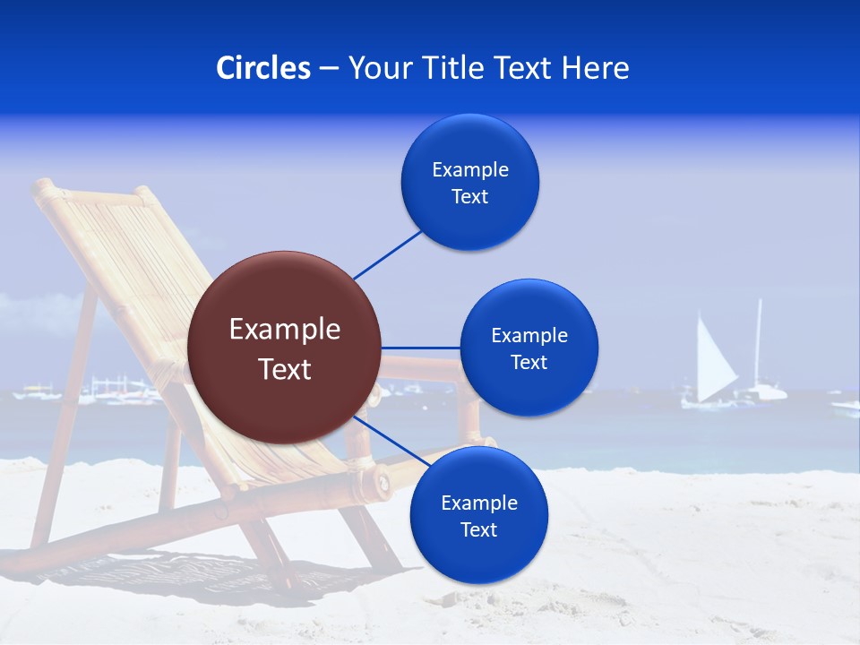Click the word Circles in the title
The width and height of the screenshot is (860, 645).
tap(263, 68)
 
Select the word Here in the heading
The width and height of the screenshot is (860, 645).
tap(596, 68)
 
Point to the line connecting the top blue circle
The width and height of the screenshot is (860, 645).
tap(388, 254)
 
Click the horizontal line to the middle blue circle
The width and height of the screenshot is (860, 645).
tap(420, 348)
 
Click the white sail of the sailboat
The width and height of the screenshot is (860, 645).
tap(715, 363)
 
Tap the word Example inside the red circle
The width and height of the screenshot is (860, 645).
tap(285, 330)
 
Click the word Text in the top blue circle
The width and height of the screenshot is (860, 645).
tap(469, 197)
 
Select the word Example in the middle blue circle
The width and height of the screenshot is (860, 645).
tap(529, 336)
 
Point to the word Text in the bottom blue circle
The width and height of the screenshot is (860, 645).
tap(478, 530)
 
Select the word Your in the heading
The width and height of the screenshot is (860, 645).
tap(377, 68)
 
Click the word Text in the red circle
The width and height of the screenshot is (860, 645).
tap(285, 369)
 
